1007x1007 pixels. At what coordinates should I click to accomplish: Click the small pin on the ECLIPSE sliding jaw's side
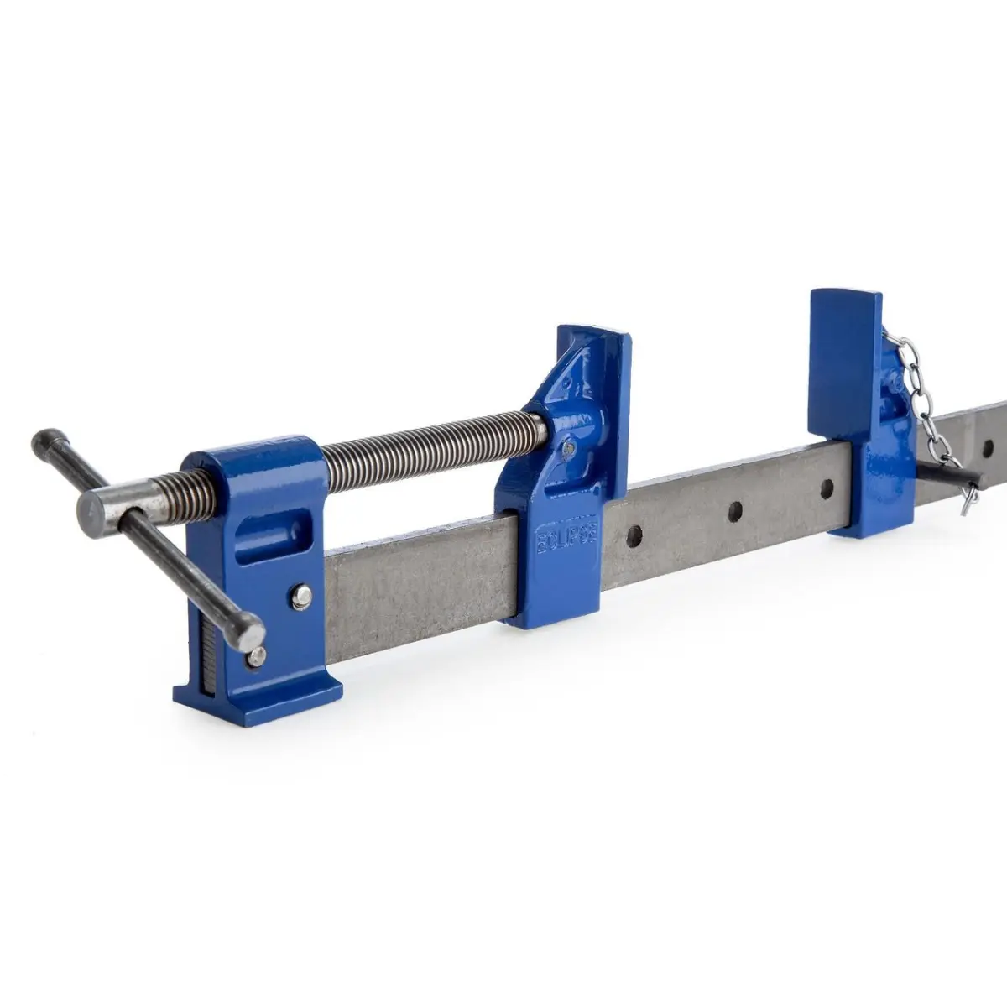coord(570,449)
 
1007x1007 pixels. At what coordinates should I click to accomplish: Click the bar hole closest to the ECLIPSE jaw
coord(634,532)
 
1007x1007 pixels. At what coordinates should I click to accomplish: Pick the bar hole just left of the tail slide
coord(827,487)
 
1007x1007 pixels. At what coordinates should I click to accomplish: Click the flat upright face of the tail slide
coord(843,361)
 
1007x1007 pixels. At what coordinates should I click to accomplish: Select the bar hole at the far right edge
coord(989,444)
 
